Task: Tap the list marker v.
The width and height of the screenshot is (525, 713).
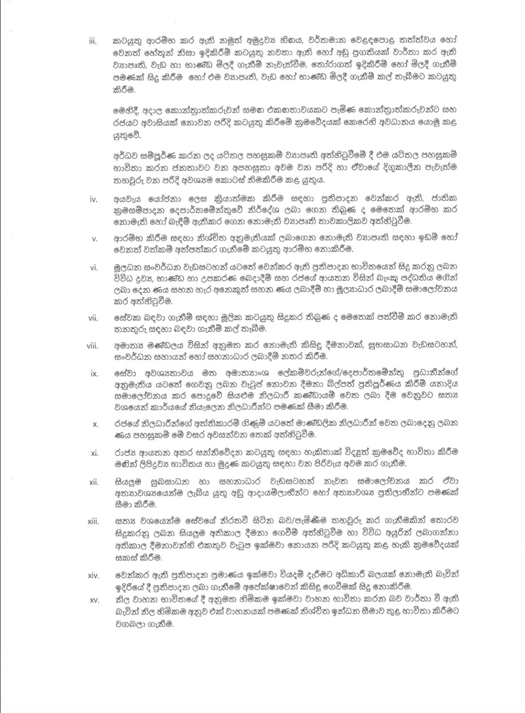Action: tap(94, 239)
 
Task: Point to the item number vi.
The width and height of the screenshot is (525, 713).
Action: tap(94, 268)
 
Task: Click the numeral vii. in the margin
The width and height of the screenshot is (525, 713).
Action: tap(93, 318)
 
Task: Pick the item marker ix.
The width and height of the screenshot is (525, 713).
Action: tap(94, 373)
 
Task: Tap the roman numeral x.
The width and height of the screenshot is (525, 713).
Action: tap(95, 424)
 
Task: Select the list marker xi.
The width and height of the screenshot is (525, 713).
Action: tap(94, 453)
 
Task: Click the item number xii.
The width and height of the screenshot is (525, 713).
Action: tap(94, 482)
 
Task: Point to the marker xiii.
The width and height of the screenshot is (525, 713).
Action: tap(93, 522)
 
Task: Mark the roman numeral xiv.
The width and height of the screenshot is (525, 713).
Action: tap(93, 575)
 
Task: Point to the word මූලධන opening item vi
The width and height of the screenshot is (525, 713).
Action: tap(127, 268)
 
